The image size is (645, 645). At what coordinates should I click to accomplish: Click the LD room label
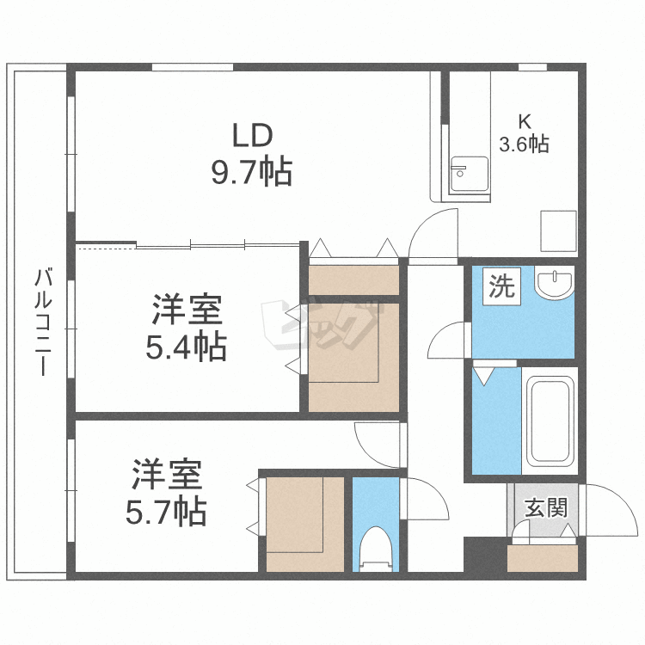click(252, 135)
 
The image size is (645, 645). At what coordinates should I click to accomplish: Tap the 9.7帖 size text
click(252, 172)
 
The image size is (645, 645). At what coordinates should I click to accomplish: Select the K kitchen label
click(524, 120)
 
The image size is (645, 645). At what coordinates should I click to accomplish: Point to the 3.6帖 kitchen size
click(524, 144)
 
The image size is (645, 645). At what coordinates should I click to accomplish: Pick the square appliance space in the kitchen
click(557, 230)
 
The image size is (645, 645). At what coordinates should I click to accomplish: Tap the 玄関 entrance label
click(547, 507)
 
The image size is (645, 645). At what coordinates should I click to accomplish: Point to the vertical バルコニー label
click(40, 325)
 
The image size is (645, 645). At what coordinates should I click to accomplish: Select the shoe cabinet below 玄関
click(544, 559)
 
